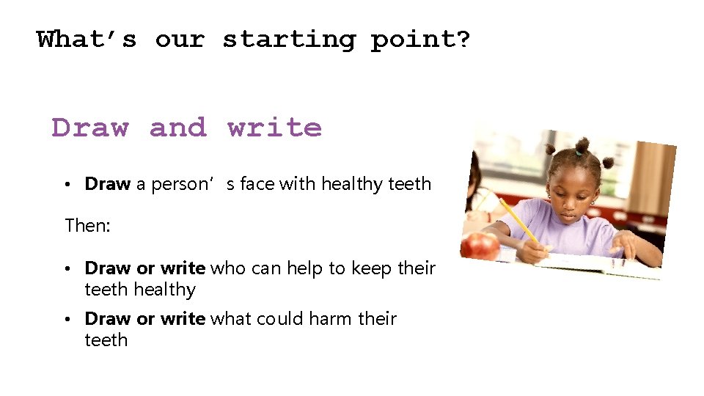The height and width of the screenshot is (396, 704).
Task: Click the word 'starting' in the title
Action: coord(289,39)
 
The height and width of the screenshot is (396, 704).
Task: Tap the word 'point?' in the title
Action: coord(420,39)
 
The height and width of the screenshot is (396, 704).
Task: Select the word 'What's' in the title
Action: coord(87,39)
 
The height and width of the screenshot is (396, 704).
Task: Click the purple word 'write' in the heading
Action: coord(274,128)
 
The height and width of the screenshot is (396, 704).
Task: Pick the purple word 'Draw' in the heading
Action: coord(89,128)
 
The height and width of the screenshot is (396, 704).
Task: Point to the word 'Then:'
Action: coord(87,225)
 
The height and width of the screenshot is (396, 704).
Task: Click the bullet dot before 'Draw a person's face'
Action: coord(66,185)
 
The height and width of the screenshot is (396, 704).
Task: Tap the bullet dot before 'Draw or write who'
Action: coord(66,269)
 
